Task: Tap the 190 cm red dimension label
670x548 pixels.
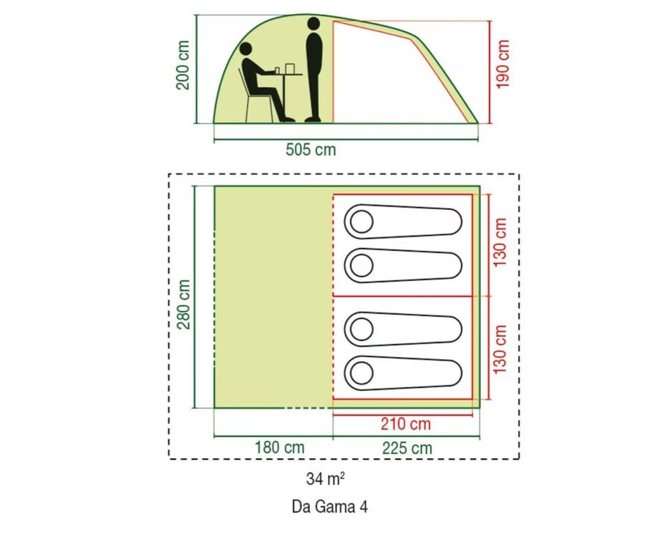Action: click(504, 63)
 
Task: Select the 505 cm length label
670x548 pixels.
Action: click(311, 149)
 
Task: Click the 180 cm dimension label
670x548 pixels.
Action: click(279, 448)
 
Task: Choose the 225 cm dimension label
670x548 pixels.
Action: click(407, 448)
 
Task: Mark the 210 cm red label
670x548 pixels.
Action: click(405, 423)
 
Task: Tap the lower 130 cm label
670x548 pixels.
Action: click(500, 349)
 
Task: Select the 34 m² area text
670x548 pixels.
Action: click(326, 479)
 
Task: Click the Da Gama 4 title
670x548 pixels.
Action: click(329, 507)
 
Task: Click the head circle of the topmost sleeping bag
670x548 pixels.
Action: click(362, 222)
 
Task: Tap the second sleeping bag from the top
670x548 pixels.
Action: click(403, 265)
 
